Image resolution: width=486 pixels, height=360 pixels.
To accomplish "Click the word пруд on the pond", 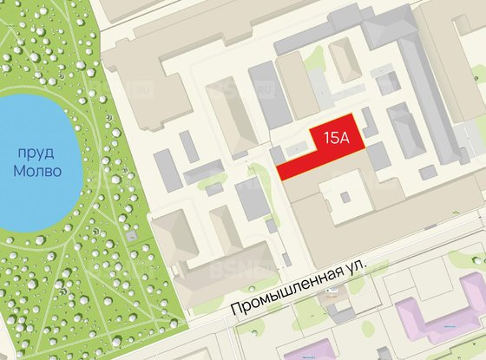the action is [38, 153].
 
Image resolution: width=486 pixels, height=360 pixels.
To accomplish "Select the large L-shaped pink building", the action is [438, 317].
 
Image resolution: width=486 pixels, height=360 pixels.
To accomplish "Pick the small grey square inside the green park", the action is [131, 235].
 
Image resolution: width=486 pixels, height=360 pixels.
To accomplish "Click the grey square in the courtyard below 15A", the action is [346, 196].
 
